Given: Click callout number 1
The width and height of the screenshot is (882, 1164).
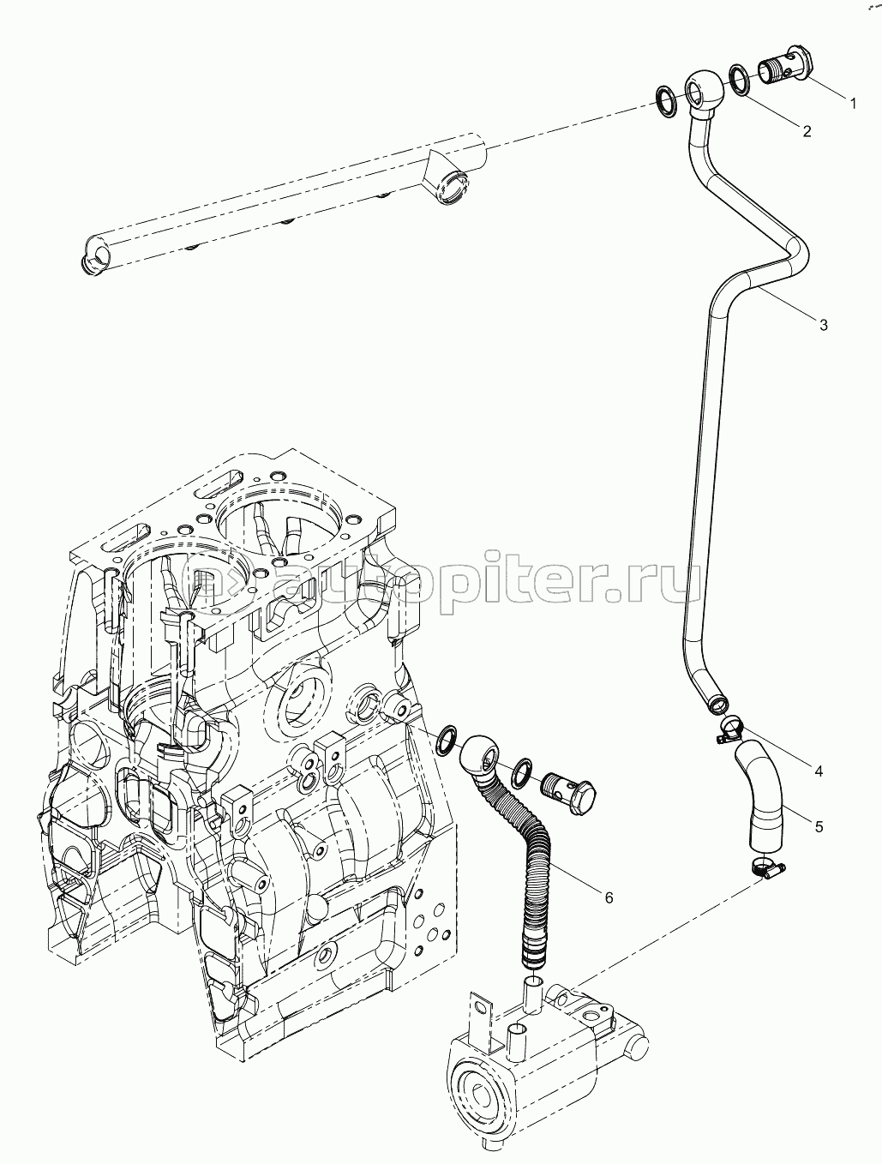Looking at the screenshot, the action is pos(853,104).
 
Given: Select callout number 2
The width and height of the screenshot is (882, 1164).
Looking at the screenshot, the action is pos(807,131).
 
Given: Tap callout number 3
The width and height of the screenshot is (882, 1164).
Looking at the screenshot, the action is pos(823,325).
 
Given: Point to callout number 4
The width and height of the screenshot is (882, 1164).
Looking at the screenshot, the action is pos(818,771).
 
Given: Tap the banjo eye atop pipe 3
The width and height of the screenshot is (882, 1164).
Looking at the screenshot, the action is pos(702,88).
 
